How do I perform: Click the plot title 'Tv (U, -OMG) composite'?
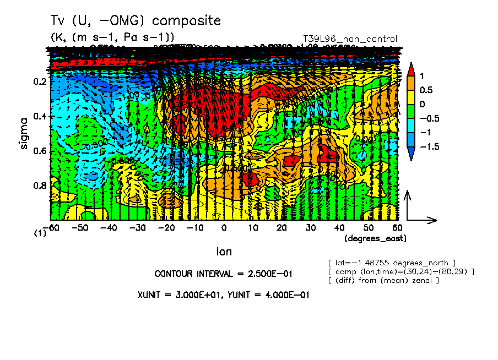[x=136, y=21]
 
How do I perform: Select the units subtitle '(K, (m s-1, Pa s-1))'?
[x=113, y=37]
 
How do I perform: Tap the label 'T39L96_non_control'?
[x=350, y=39]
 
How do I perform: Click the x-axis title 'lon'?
[x=224, y=252]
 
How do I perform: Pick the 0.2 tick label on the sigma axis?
[x=39, y=81]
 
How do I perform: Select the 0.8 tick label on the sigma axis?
[x=39, y=186]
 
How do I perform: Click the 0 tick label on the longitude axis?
[x=224, y=227]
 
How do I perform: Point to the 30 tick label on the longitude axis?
[x=311, y=227]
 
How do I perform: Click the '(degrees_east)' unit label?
[x=375, y=238]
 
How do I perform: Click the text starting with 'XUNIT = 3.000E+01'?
[x=223, y=294]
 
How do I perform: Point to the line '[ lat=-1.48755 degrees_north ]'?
[x=391, y=263]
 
